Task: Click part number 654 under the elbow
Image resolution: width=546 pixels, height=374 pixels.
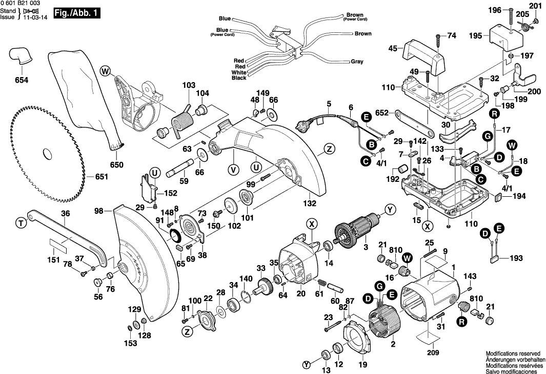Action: (21, 80)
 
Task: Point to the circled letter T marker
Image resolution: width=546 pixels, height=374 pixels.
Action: (20, 222)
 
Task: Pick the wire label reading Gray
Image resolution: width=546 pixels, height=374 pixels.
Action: (357, 62)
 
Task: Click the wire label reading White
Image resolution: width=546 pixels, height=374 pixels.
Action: (239, 72)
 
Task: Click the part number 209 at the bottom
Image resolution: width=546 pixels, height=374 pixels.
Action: (433, 352)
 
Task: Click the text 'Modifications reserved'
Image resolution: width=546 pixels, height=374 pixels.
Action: (513, 354)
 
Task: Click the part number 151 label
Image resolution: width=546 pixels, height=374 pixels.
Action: (54, 260)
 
